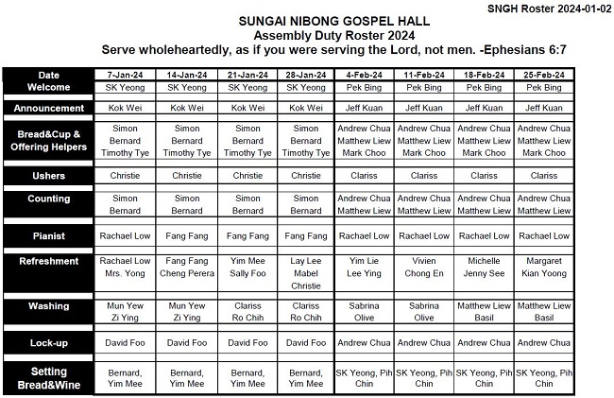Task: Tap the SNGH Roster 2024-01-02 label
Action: (551, 8)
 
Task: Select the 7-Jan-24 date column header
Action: (125, 75)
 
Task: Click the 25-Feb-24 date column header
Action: (543, 75)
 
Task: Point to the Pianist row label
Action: (48, 234)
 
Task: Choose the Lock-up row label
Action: (48, 341)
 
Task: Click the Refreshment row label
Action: (48, 266)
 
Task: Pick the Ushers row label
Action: (48, 175)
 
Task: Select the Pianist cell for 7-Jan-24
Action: (125, 235)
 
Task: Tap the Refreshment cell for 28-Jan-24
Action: (306, 272)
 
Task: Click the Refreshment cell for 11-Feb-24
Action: (424, 267)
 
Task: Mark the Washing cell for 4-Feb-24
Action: (365, 312)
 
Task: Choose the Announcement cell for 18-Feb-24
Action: (484, 108)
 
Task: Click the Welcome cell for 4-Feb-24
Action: (365, 87)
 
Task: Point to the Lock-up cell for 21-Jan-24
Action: (247, 342)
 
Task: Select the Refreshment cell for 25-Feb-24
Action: (543, 267)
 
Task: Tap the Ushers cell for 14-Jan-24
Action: (186, 175)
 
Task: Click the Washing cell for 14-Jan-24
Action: (186, 312)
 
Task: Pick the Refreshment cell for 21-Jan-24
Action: (247, 267)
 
